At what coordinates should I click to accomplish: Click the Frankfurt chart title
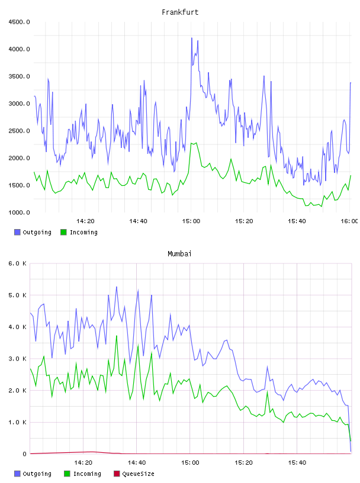pos(180,12)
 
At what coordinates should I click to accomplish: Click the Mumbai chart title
pos(179,254)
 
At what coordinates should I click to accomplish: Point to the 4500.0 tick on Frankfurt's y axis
pos(19,22)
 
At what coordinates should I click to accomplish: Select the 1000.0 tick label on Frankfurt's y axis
pos(19,212)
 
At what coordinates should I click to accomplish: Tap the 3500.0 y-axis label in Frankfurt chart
pos(19,76)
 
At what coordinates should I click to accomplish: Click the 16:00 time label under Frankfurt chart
pos(349,221)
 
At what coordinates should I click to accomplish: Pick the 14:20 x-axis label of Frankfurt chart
pos(85,221)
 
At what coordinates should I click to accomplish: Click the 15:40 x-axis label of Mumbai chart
pos(297,463)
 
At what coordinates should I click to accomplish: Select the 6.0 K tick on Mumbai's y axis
pos(18,263)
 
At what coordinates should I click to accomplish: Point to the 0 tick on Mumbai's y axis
pos(24,454)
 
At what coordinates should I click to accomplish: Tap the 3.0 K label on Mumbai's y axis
pos(18,359)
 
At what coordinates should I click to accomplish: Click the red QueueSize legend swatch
pos(117,474)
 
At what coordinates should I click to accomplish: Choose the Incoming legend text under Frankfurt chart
pos(84,233)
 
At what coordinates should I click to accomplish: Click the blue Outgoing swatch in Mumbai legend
pos(17,474)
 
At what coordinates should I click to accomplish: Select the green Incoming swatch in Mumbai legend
pos(67,474)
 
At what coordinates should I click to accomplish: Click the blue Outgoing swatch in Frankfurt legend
pos(17,232)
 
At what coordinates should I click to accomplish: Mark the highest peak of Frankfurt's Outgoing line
pos(192,38)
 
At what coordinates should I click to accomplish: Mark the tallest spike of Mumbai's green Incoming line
pos(117,336)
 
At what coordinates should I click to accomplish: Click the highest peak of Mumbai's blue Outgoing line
pos(117,286)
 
